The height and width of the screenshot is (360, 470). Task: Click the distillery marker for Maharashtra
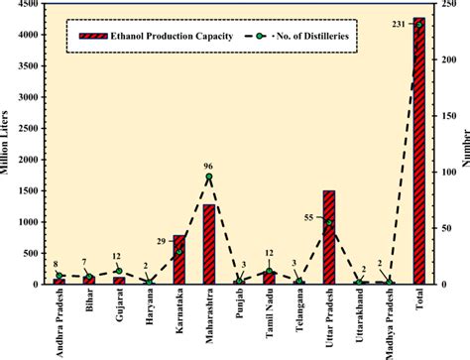209,177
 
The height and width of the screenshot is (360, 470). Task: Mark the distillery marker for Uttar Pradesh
329,222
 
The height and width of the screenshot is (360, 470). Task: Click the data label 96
209,165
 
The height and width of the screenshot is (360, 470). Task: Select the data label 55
308,215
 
